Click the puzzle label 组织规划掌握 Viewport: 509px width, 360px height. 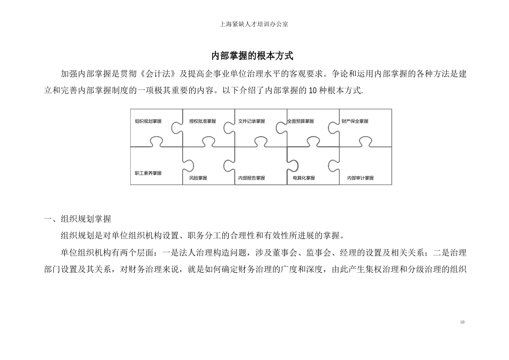tap(148, 122)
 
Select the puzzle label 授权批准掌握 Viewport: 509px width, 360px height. tap(203, 122)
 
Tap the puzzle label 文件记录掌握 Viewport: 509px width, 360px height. tap(252, 122)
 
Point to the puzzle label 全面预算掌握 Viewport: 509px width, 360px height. tap(301, 122)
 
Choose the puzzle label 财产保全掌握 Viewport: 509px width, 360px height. tap(355, 122)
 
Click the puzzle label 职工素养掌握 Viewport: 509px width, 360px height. tap(148, 173)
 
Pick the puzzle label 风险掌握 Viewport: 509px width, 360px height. tap(198, 178)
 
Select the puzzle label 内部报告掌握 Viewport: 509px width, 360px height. tap(252, 178)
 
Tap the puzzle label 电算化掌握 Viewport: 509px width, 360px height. tap(304, 178)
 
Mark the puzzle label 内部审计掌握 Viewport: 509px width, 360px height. tap(361, 178)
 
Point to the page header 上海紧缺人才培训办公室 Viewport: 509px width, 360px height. tap(254, 24)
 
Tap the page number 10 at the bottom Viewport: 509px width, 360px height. tap(462, 322)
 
